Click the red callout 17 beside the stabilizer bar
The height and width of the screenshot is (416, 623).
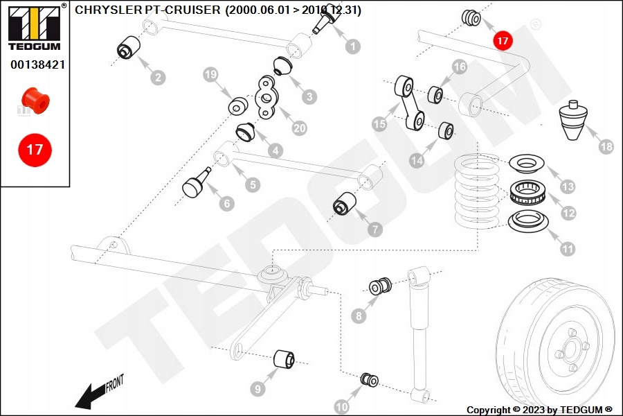point(503,41)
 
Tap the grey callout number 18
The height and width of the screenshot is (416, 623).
point(606,146)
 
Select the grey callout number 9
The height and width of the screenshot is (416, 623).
point(258,389)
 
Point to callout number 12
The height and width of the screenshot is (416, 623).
point(568,213)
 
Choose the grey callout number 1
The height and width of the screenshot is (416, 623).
point(352,46)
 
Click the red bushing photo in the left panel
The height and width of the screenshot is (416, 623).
point(35,101)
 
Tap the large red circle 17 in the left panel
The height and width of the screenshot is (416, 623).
point(35,149)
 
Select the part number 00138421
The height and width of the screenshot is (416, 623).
point(37,64)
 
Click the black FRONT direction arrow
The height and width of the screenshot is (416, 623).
point(90,397)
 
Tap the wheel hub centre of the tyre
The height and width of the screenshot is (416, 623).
point(571,346)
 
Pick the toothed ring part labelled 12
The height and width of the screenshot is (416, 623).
point(529,191)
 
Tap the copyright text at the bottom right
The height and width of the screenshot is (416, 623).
point(539,410)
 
